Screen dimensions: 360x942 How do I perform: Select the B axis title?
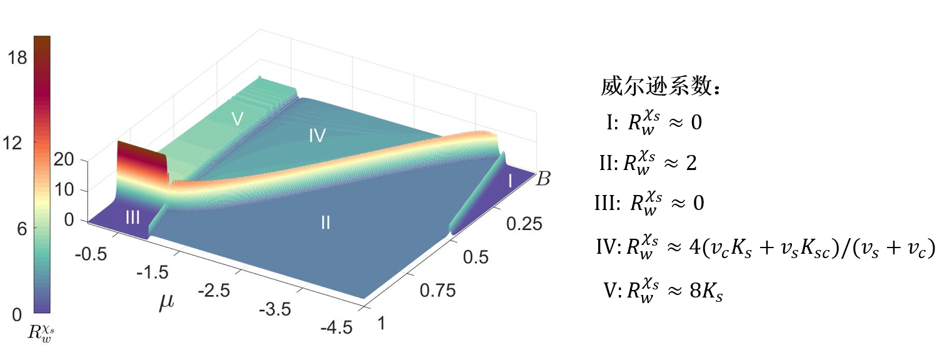pyautogui.click(x=543, y=180)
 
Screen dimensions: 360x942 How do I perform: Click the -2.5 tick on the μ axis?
pyautogui.click(x=214, y=290)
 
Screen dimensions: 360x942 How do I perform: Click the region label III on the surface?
pyautogui.click(x=133, y=217)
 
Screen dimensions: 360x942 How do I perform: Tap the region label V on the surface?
pyautogui.click(x=236, y=119)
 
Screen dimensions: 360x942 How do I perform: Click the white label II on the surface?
pyautogui.click(x=325, y=222)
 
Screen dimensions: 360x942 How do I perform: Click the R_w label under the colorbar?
pyautogui.click(x=41, y=333)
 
